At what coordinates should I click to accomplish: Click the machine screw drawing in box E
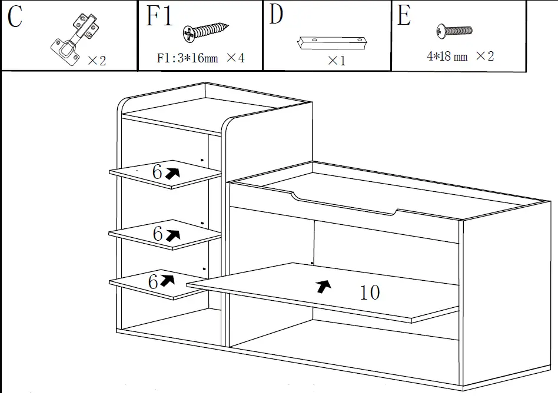coord(454,31)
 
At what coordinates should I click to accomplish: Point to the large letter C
coord(15,18)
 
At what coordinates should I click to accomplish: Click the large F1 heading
coord(160,16)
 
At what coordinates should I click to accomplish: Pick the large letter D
coord(277,15)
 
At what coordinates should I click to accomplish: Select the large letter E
coord(404,16)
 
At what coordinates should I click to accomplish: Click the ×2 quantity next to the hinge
coord(97,61)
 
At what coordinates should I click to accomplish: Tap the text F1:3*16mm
coord(187,58)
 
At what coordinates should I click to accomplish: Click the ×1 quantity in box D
coord(336,61)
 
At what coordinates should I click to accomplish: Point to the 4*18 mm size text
coord(447,57)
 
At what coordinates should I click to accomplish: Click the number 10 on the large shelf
coord(370,292)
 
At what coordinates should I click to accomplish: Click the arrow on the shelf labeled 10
coord(323,286)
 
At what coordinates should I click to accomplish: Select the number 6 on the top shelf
coord(157,172)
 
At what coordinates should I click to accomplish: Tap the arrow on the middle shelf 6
coord(172,235)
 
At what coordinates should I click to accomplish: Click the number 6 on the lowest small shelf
coord(153,282)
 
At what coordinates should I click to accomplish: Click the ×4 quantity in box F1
coord(235,58)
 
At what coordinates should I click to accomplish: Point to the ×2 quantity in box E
coord(484,57)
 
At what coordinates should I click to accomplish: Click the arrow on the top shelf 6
coord(172,172)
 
